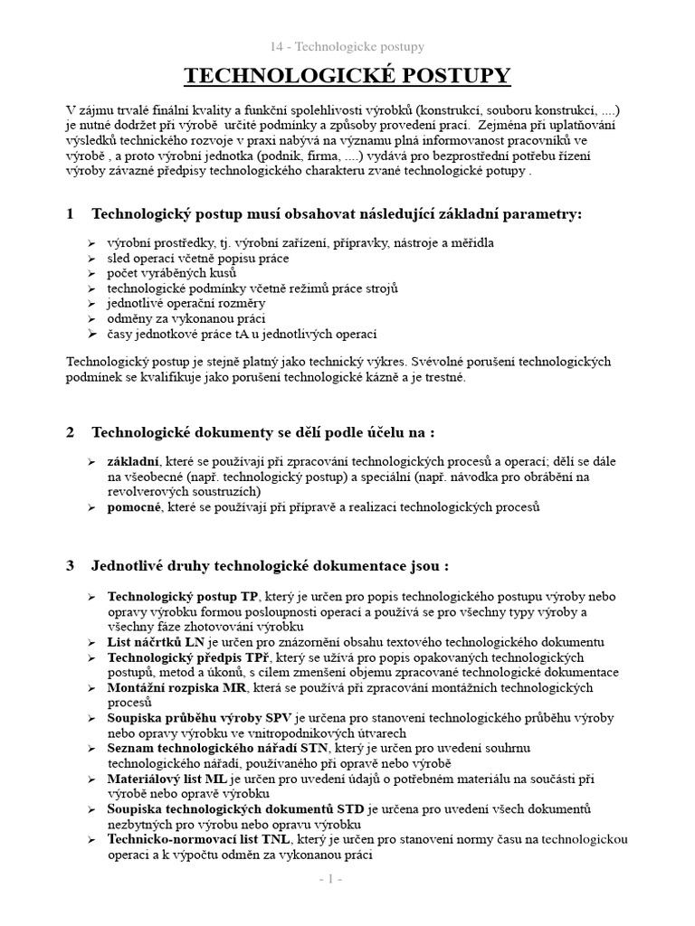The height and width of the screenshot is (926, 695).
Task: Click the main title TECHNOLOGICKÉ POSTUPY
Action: point(347,76)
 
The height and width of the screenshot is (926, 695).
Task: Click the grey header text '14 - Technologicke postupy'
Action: point(347,46)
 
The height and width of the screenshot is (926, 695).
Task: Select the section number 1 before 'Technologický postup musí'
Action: point(71,213)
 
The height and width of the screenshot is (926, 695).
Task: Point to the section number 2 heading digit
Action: point(71,432)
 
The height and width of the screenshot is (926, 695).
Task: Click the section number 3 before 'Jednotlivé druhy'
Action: point(71,566)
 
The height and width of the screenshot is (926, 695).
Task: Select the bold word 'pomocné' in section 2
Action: point(135,507)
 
